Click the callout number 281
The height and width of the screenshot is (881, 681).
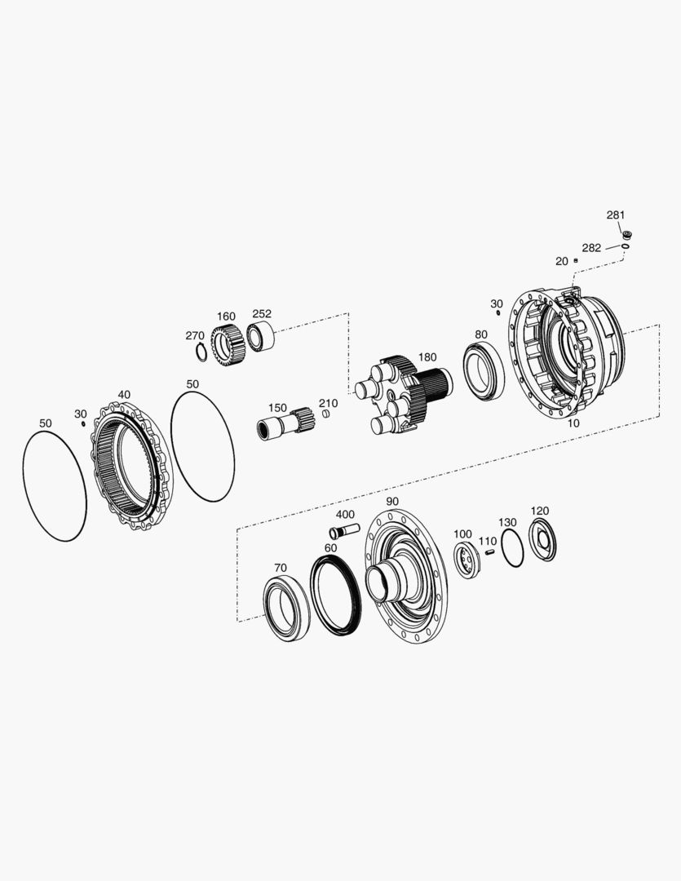(x=615, y=215)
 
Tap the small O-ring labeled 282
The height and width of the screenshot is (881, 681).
(x=626, y=246)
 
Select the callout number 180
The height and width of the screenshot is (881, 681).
(x=427, y=357)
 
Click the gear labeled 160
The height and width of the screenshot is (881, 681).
(x=227, y=345)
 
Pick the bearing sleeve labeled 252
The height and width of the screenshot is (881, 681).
(x=260, y=337)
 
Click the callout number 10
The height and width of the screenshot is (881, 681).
(x=573, y=423)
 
